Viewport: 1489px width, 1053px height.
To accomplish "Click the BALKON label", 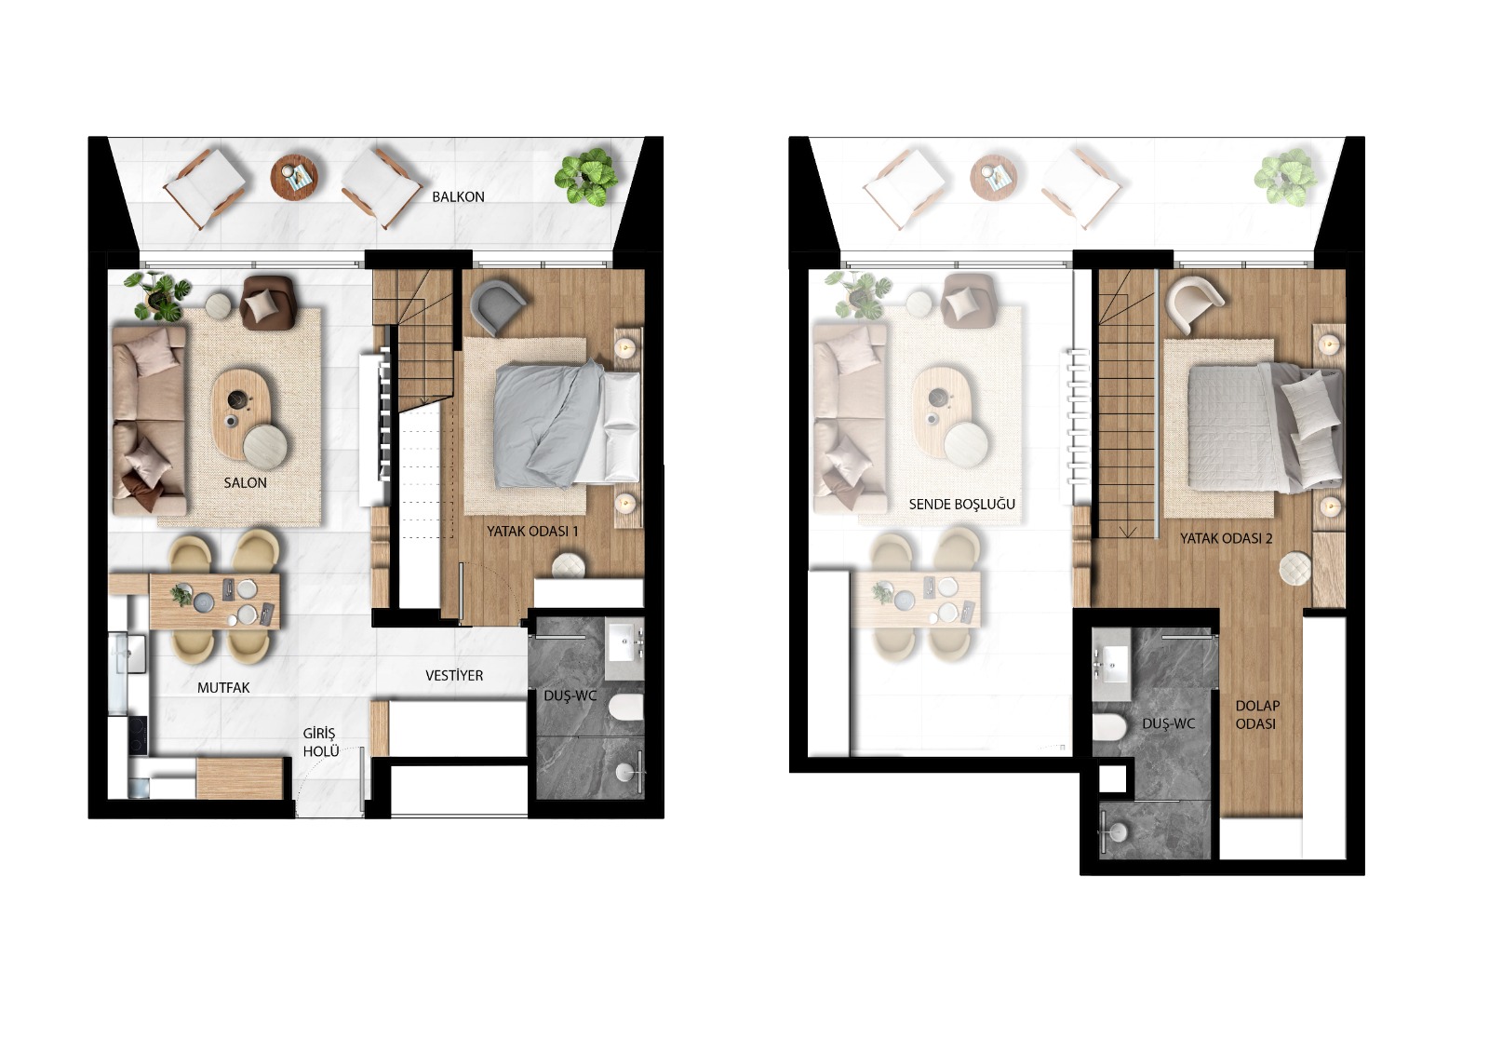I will pos(458,196).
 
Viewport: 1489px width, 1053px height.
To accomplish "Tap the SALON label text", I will pos(245,482).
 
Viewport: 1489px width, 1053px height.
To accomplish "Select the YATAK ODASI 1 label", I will pos(532,531).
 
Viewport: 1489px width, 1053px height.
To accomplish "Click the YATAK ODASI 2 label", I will pos(1226,538).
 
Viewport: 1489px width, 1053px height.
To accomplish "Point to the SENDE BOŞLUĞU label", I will pos(961,504).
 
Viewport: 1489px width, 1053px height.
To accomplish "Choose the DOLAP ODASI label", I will pos(1256,714).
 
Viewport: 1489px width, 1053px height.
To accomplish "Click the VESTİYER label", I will pos(454,675).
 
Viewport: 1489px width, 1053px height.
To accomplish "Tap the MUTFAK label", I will pos(223,687).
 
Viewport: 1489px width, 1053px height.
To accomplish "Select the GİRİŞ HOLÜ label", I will pos(319,741).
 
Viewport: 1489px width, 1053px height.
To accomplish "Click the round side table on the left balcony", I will pos(294,176).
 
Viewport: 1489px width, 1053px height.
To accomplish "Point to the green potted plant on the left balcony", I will pos(587,176).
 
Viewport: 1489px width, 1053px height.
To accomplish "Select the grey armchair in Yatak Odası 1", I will pos(497,306).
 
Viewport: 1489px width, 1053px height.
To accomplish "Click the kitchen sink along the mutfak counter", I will pos(129,652).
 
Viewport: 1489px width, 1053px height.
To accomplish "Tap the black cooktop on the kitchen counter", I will pos(137,736).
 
